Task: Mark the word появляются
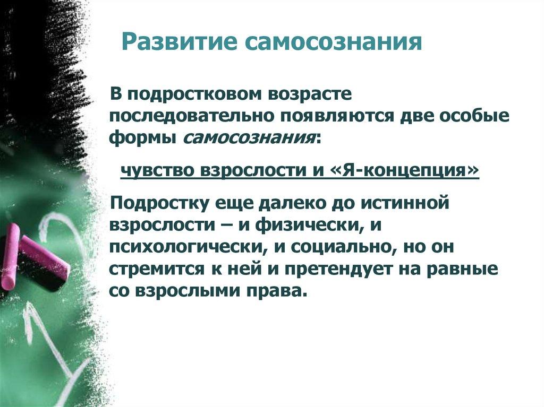(x=342, y=116)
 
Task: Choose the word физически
(x=308, y=224)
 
